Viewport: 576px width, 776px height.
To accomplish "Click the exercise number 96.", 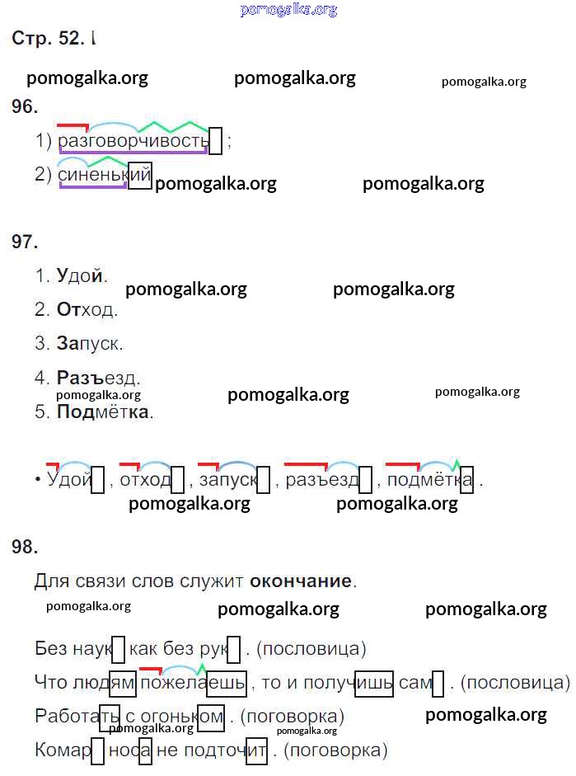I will point(25,106).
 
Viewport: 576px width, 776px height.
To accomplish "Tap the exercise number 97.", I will point(25,242).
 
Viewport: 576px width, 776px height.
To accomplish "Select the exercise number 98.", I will point(25,546).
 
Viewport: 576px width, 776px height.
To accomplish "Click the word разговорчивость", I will point(133,141).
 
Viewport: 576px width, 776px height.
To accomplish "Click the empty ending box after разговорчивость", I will point(216,141).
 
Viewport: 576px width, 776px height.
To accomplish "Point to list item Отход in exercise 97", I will point(87,310).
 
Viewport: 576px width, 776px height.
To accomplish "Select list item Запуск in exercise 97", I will point(90,344).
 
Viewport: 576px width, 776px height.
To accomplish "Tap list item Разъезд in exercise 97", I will point(98,378).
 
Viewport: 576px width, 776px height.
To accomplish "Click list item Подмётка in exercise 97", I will point(104,412).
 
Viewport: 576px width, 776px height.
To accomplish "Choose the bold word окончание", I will point(301,581).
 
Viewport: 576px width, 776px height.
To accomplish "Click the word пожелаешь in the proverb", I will point(193,683).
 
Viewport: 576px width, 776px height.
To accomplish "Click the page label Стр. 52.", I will point(49,39).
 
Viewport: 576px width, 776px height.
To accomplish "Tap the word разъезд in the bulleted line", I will point(322,480).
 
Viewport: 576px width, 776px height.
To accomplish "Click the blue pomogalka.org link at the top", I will point(288,10).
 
